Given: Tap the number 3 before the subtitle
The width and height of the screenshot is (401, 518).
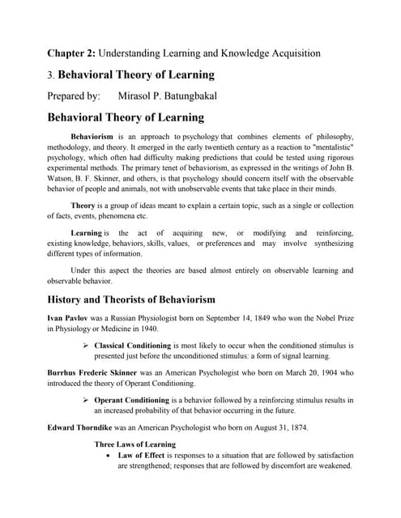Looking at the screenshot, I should [49, 75].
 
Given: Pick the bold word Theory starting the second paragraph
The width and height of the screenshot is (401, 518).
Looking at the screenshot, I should [83, 206].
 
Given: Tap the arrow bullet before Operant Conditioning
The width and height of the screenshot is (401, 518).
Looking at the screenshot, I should [86, 400].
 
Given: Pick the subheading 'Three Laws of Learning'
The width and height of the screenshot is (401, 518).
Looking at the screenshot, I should [134, 444].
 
